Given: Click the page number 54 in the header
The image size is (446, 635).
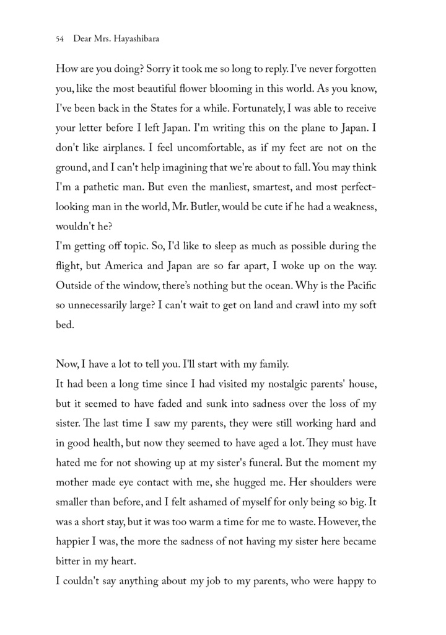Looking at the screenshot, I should (60, 38).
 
